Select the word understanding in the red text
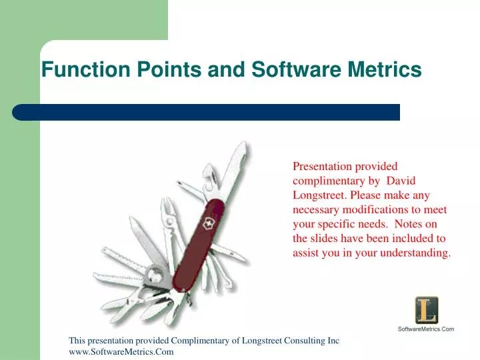coord(419,253)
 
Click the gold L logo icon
coord(425,310)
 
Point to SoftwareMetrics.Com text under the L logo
coord(425,329)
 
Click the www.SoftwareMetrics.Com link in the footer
coord(121,352)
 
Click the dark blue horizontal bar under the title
coord(207,112)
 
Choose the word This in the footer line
coord(77,341)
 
